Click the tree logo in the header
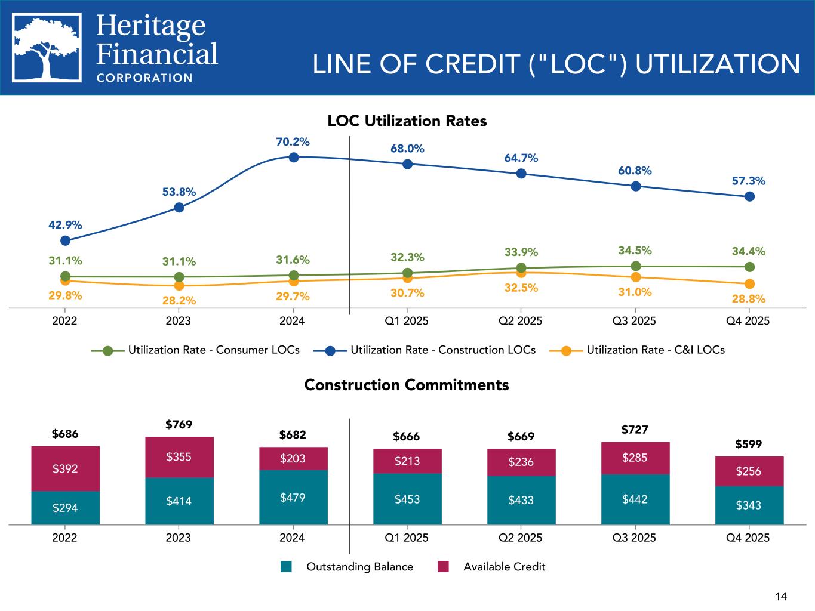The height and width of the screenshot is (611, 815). pos(47,47)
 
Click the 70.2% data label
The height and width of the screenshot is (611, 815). pos(293,142)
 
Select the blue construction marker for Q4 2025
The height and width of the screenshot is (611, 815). pos(749,197)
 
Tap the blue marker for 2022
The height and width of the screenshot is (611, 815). pos(65,241)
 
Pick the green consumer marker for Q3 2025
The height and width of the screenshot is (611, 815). pos(636,266)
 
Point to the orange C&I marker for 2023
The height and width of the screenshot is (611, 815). pos(179,286)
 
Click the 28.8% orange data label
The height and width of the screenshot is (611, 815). pos(749,298)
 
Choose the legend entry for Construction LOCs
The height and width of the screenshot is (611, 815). pos(425,350)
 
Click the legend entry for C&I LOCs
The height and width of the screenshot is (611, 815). pos(637,350)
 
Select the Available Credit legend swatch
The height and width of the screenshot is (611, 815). pos(443,566)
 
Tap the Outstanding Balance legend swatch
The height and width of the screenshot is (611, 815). pos(286,566)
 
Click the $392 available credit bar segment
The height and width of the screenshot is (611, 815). pos(65,468)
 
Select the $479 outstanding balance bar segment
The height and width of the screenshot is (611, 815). pos(293,497)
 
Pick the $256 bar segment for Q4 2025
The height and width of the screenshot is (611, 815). pos(749,471)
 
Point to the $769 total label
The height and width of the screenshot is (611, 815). pos(179,424)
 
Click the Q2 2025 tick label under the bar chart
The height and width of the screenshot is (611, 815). pos(520,538)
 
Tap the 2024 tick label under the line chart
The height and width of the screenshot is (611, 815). pos(292,321)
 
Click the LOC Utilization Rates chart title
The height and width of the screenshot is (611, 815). pos(407,121)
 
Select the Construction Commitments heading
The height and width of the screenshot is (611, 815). pos(407,385)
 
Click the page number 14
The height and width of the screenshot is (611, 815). pos(781,596)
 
